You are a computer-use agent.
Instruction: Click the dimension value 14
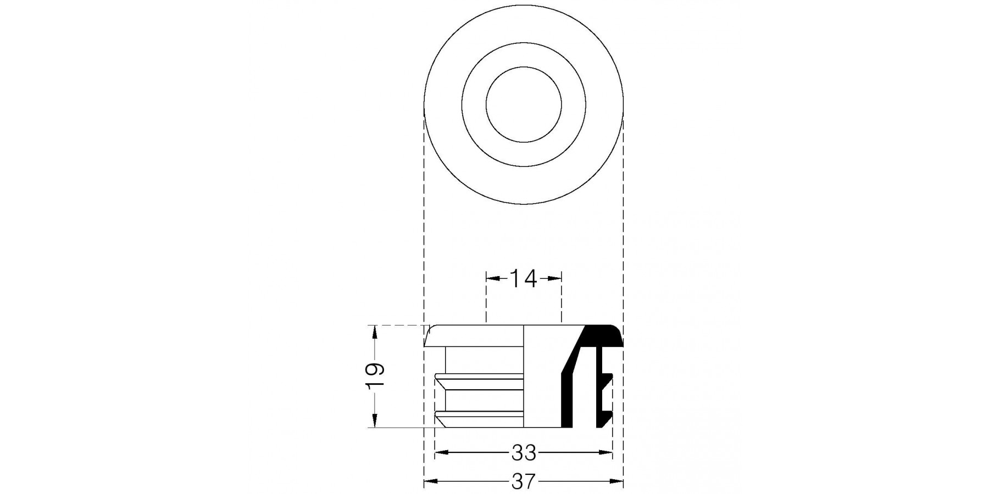point(523,279)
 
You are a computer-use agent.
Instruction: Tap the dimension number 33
point(524,453)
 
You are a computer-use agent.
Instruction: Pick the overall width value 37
point(523,482)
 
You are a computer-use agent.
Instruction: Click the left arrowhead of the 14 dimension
point(493,279)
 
